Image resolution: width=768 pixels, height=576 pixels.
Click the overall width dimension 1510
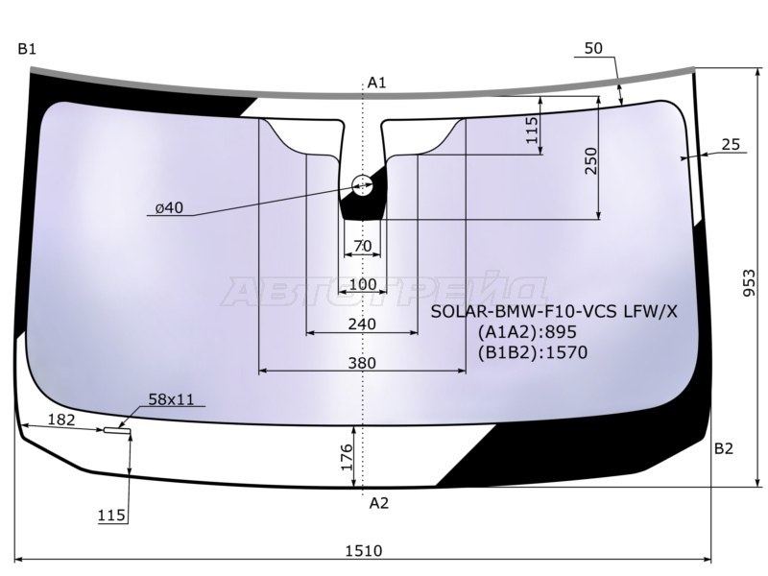click(364, 551)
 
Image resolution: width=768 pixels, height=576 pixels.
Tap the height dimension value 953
click(750, 282)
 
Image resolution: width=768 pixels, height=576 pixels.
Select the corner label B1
click(27, 49)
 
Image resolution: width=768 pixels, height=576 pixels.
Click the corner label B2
click(724, 448)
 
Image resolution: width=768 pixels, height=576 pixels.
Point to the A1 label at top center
click(376, 83)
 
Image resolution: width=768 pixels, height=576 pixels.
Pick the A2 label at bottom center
click(378, 503)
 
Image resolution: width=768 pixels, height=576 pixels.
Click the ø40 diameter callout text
click(169, 208)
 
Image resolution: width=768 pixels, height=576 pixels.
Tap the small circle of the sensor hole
click(363, 185)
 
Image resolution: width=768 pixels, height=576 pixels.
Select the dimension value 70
click(363, 246)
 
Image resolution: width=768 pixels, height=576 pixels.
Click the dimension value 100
click(364, 284)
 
